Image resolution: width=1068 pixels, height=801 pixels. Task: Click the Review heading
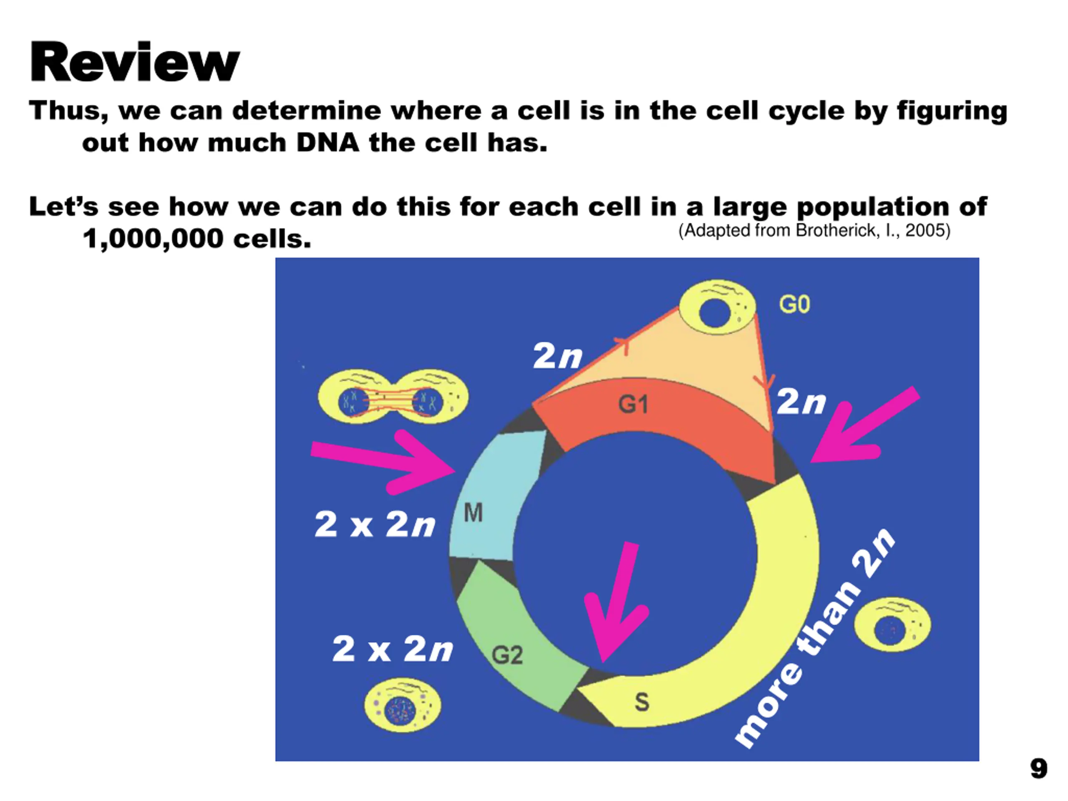(x=135, y=63)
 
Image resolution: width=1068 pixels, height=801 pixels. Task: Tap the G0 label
(x=794, y=305)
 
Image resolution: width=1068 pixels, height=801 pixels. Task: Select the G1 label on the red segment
(x=633, y=404)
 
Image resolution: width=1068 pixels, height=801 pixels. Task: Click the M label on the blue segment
(x=473, y=513)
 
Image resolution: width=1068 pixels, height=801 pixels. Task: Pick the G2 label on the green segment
(x=507, y=655)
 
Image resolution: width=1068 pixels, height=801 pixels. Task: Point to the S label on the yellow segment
(x=642, y=702)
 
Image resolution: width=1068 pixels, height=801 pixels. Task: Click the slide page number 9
(x=1038, y=768)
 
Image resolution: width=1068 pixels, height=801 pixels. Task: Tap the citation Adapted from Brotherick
(x=814, y=230)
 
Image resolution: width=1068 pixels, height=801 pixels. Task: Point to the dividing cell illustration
(x=393, y=397)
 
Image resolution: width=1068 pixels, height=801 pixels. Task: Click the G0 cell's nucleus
(x=715, y=312)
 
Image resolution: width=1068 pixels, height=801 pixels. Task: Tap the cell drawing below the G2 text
(x=402, y=705)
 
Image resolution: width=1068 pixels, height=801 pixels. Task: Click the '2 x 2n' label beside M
(x=375, y=524)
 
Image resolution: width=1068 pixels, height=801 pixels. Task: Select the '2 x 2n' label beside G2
(x=393, y=648)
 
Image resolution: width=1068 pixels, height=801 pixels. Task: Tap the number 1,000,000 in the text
(x=152, y=239)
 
